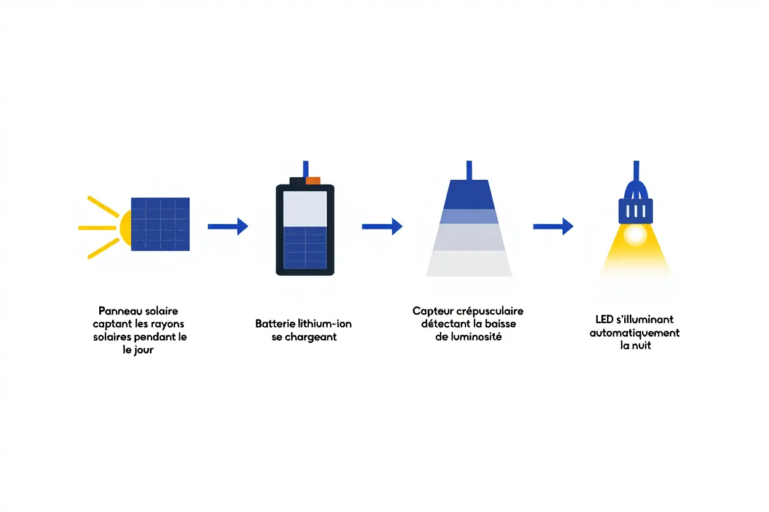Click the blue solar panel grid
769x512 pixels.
pos(160,223)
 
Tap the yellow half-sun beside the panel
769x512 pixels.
pos(124,226)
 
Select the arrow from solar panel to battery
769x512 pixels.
pos(227,226)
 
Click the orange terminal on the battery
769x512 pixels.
pos(313,180)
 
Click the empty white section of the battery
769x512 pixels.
pos(305,209)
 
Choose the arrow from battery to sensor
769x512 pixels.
pos(381,226)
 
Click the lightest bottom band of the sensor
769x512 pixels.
pos(469,263)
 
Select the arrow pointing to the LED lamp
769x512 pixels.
pos(553,226)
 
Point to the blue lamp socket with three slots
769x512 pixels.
pos(634,210)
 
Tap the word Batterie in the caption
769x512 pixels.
pos(275,324)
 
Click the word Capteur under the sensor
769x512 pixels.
pos(432,311)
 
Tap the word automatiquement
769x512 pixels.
pos(634,333)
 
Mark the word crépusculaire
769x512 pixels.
pos(489,311)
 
